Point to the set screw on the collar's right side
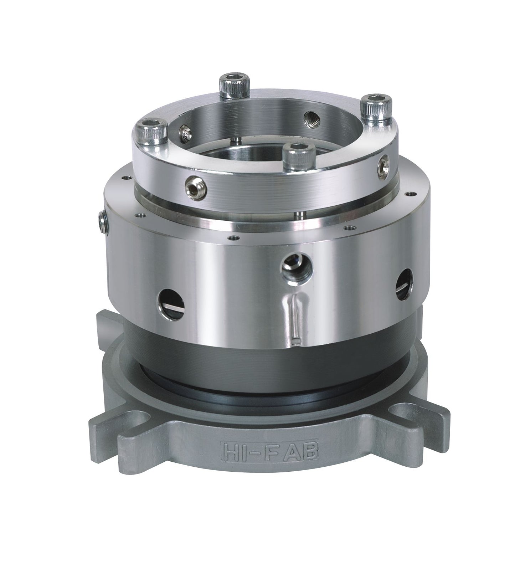click(x=384, y=165)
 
